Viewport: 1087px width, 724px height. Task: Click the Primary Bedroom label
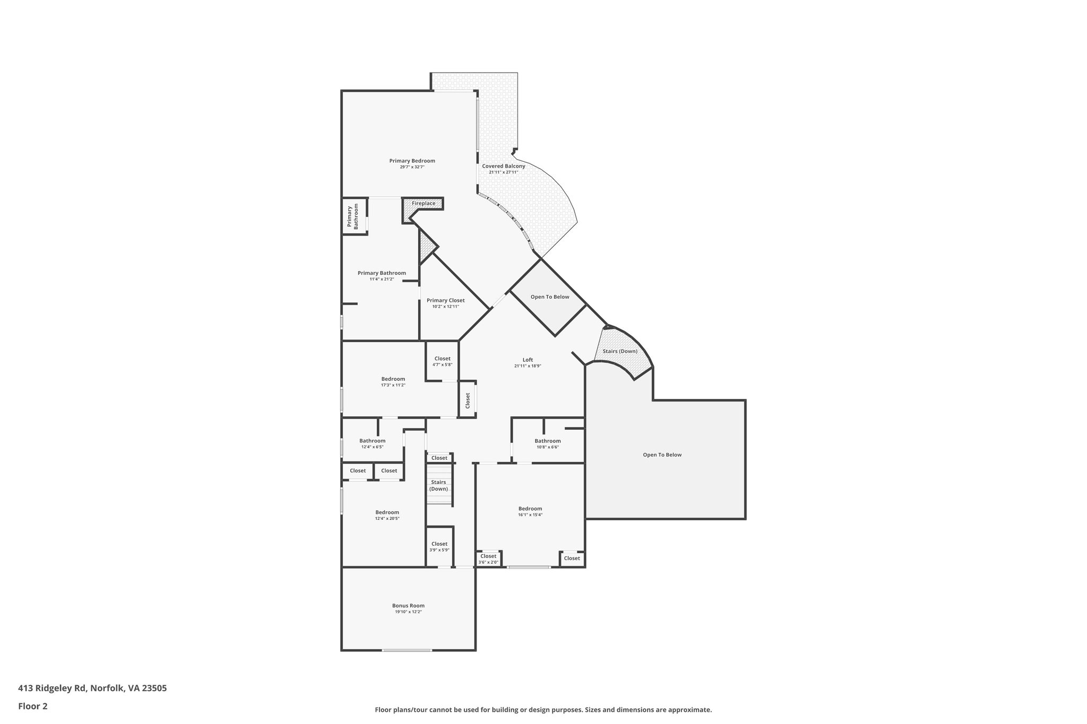412,161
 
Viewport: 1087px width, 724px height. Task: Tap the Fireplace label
424,204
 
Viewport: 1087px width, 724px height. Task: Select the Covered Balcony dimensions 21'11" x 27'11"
503,172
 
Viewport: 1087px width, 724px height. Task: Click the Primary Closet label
445,301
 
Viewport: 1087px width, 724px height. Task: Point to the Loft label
528,360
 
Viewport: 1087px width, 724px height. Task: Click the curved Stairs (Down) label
620,352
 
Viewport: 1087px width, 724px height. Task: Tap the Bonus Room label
408,606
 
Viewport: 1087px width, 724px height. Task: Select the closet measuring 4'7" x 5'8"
442,362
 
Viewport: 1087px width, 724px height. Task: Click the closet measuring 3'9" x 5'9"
439,546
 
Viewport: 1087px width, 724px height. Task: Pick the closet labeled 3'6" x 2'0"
488,559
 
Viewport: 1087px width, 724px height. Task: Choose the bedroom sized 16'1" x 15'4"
530,511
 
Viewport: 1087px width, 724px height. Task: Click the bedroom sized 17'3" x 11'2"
393,382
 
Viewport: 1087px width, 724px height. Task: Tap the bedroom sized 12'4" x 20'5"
387,515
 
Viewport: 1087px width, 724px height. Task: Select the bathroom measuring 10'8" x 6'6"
547,443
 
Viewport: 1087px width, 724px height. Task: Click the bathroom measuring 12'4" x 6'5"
372,443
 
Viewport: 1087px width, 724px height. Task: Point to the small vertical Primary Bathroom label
353,216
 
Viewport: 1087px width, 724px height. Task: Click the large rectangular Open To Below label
662,455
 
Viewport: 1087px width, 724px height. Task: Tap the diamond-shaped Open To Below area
549,297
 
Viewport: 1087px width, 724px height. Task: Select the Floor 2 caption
33,706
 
